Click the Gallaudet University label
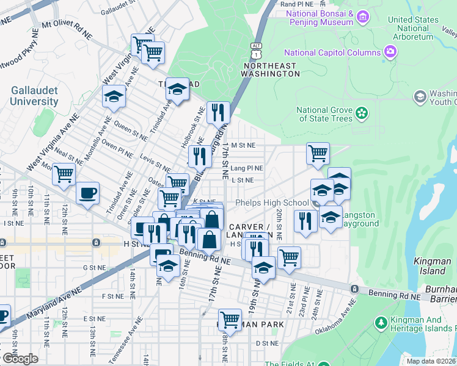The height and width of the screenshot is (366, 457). [34, 95]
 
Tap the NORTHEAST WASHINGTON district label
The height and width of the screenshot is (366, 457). [271, 69]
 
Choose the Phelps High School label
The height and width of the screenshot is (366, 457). [272, 203]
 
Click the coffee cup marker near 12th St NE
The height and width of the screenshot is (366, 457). [87, 193]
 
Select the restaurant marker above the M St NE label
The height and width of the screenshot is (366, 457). [218, 112]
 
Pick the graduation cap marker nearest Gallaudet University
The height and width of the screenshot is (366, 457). [114, 96]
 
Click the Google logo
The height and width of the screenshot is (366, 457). [20, 359]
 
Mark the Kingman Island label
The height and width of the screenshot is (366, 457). [432, 265]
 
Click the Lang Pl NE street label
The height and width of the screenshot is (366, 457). [247, 168]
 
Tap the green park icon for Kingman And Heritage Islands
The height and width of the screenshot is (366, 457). [381, 321]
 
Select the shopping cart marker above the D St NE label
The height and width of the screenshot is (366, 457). [230, 318]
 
